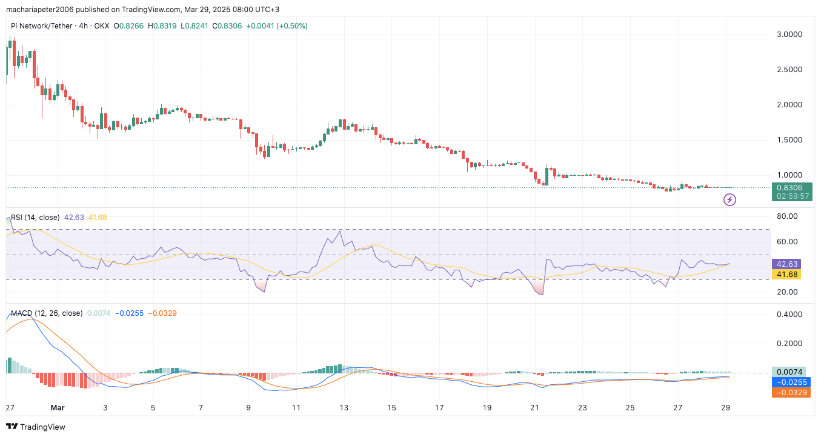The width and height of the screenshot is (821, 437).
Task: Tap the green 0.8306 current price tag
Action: tap(791, 188)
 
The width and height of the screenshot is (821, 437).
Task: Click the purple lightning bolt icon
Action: tap(730, 199)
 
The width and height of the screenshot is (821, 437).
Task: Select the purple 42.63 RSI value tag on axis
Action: tap(786, 264)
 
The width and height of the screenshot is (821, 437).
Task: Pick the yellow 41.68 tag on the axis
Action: tap(786, 275)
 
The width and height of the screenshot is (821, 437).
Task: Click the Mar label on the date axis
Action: tap(58, 409)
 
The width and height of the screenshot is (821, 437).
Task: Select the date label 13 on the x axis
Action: tap(344, 409)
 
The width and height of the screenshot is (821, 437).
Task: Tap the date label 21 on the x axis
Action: tap(534, 409)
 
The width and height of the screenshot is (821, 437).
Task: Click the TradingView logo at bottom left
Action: tap(36, 427)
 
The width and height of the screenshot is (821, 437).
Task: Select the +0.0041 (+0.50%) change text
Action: tap(276, 26)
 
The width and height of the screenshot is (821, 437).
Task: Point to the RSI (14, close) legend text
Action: tap(35, 217)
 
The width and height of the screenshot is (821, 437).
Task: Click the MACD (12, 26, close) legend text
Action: tap(47, 313)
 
